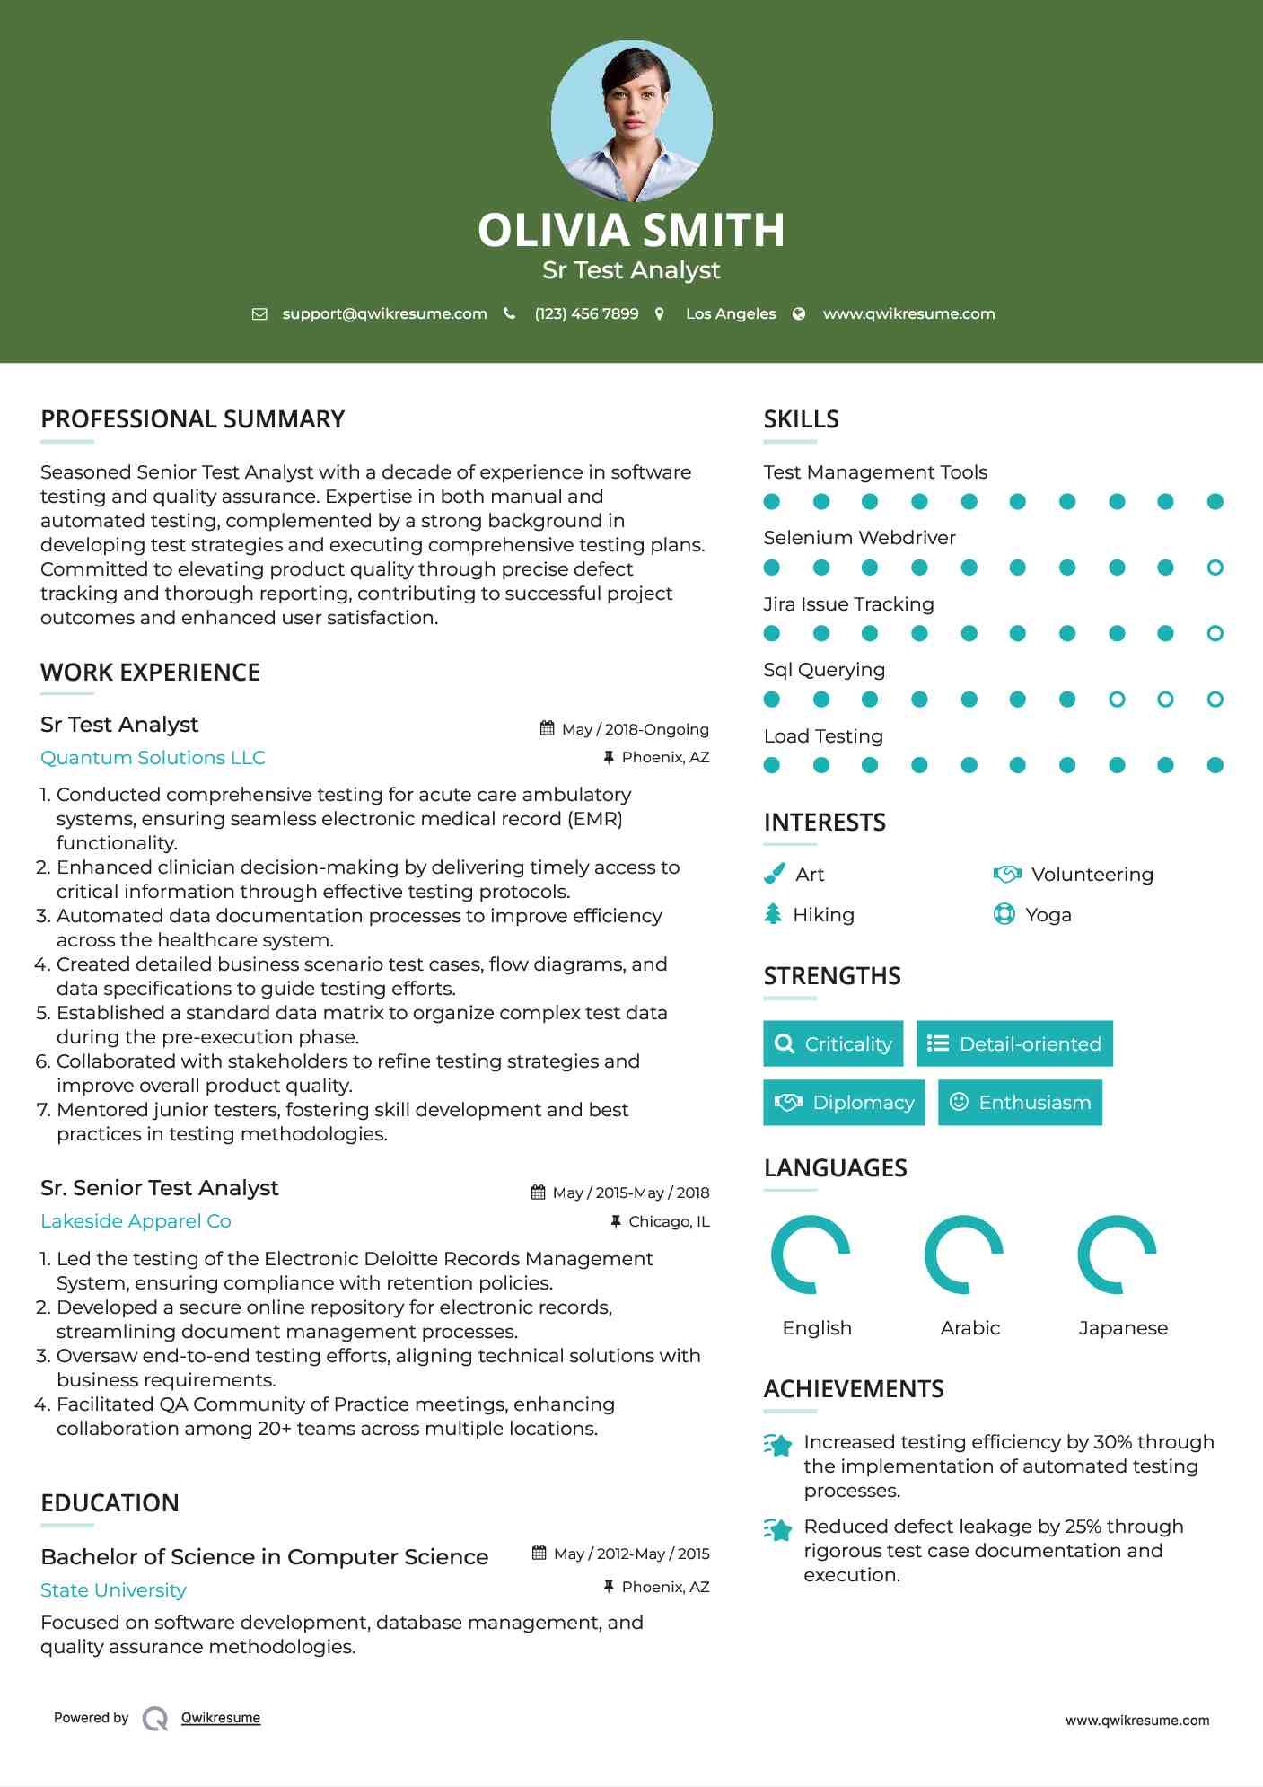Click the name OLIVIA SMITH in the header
(x=631, y=230)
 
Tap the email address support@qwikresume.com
(x=384, y=313)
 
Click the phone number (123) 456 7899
(x=586, y=313)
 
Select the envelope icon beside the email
(x=259, y=314)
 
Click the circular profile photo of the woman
(x=631, y=120)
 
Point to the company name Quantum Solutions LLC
(x=153, y=758)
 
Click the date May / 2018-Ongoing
(x=635, y=729)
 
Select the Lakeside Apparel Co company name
(x=136, y=1221)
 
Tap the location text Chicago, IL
(x=669, y=1221)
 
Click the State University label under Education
(x=113, y=1590)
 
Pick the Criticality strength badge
(x=833, y=1043)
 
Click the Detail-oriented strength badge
(x=1014, y=1043)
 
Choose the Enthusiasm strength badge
(x=1020, y=1102)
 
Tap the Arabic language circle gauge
(x=964, y=1254)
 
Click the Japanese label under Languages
(x=1123, y=1328)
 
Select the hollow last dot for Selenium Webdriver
(x=1215, y=568)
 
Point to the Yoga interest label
(x=1048, y=915)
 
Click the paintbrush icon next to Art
(x=774, y=874)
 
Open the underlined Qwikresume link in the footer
(x=221, y=1718)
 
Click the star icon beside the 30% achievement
(x=778, y=1445)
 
